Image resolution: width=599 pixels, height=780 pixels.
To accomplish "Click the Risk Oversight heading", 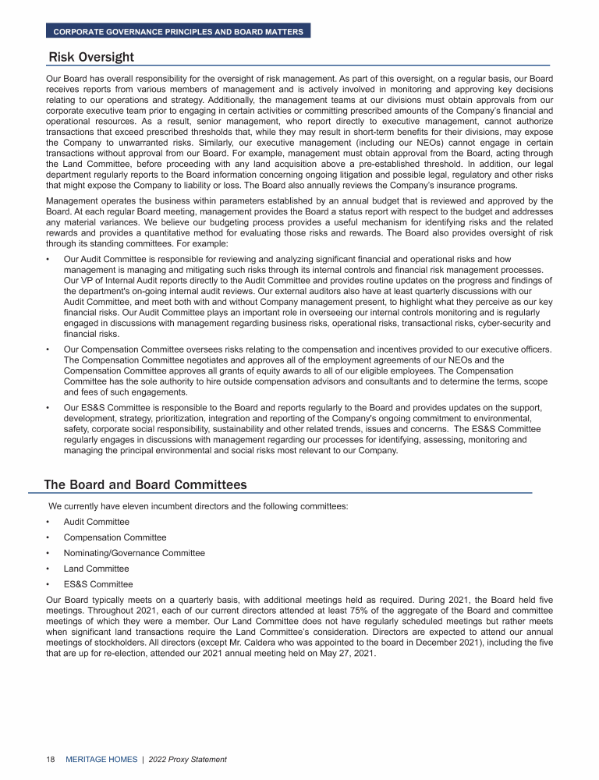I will [91, 57].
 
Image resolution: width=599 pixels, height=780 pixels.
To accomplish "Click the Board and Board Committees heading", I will [145, 484].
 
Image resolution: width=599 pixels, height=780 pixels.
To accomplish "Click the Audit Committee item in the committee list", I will [97, 522].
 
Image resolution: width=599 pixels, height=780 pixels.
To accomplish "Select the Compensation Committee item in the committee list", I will [115, 537].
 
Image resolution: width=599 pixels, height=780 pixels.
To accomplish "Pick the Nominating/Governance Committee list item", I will [134, 553].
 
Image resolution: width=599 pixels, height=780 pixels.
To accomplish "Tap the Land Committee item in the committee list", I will [96, 569].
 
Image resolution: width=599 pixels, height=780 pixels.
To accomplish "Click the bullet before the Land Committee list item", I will [48, 569].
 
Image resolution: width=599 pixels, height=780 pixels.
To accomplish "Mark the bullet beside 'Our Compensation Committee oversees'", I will [48, 348].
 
